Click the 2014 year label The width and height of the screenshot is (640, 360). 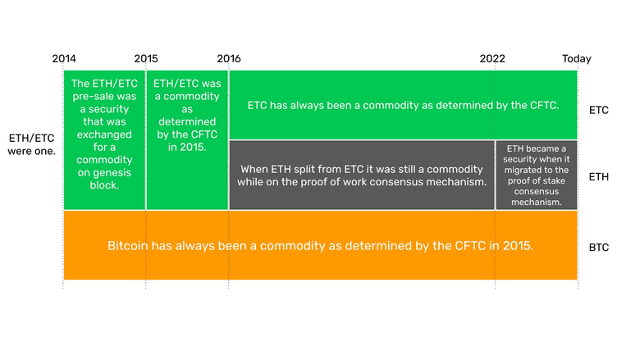click(64, 58)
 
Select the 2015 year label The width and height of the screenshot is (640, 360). click(146, 58)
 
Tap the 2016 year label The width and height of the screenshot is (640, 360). click(229, 58)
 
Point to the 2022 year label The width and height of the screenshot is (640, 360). click(493, 58)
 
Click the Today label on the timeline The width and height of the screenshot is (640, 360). click(576, 58)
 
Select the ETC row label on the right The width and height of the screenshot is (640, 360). click(599, 109)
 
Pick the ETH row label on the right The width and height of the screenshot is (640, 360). click(599, 175)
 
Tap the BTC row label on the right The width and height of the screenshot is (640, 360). click(599, 246)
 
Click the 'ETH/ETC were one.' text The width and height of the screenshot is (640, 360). click(31, 145)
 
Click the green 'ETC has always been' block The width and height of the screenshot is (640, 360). click(403, 105)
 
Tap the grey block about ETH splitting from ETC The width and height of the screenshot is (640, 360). click(362, 175)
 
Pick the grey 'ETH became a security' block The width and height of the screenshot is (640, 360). click(536, 175)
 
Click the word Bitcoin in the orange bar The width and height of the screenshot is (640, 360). click(129, 245)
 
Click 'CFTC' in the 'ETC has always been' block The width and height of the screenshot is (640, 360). click(542, 105)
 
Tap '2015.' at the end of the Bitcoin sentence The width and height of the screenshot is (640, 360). click(517, 245)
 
